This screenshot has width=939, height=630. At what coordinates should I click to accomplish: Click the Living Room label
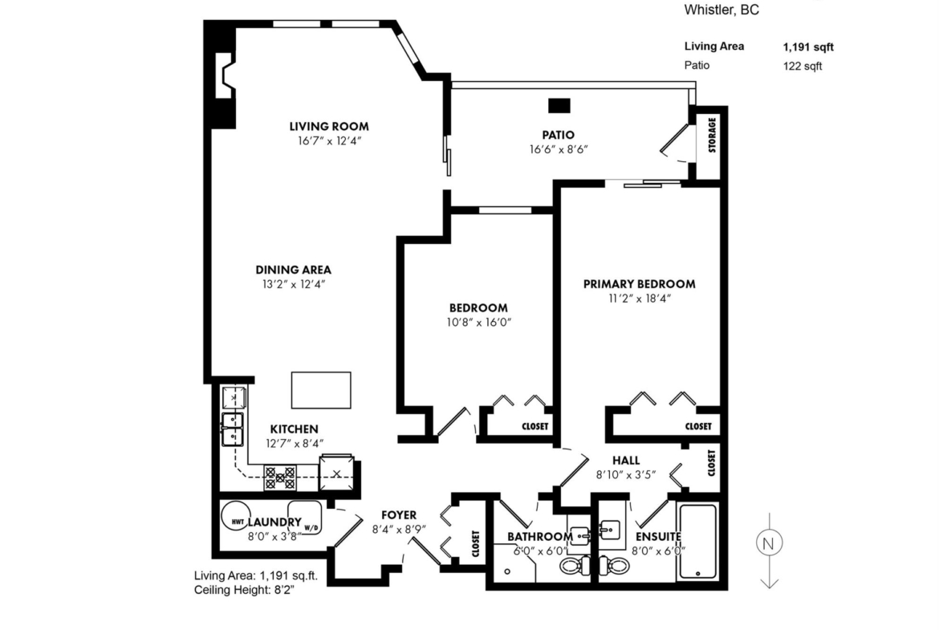tap(329, 126)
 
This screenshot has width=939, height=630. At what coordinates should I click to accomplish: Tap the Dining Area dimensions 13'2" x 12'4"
tap(294, 284)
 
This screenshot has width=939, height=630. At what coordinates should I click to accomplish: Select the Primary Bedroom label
tap(640, 284)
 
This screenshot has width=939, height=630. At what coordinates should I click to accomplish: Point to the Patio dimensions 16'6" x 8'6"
tap(559, 150)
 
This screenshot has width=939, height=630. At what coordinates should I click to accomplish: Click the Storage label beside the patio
tap(712, 135)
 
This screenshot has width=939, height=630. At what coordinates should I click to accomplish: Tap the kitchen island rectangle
tap(321, 391)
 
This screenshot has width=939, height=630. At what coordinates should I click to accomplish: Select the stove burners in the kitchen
tap(280, 478)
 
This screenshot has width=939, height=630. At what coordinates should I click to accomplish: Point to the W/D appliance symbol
tap(306, 518)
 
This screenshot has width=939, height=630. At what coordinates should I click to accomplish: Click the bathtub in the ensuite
tap(697, 542)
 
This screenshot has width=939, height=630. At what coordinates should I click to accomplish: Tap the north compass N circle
tap(770, 543)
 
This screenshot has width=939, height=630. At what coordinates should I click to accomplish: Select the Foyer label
tap(399, 515)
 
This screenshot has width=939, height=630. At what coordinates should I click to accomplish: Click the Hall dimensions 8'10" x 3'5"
tap(626, 475)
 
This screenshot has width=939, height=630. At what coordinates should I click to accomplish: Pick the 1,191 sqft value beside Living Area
tap(808, 47)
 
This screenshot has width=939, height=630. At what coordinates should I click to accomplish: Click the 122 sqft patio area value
tap(803, 66)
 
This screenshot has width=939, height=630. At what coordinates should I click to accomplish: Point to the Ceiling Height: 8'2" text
tap(244, 591)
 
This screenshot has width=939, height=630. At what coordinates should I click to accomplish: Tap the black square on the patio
tap(559, 105)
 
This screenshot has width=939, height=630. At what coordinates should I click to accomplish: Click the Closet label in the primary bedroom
tap(698, 426)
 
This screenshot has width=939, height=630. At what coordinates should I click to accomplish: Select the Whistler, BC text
tap(722, 10)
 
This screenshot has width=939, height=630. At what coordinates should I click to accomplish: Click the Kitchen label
tap(294, 429)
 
